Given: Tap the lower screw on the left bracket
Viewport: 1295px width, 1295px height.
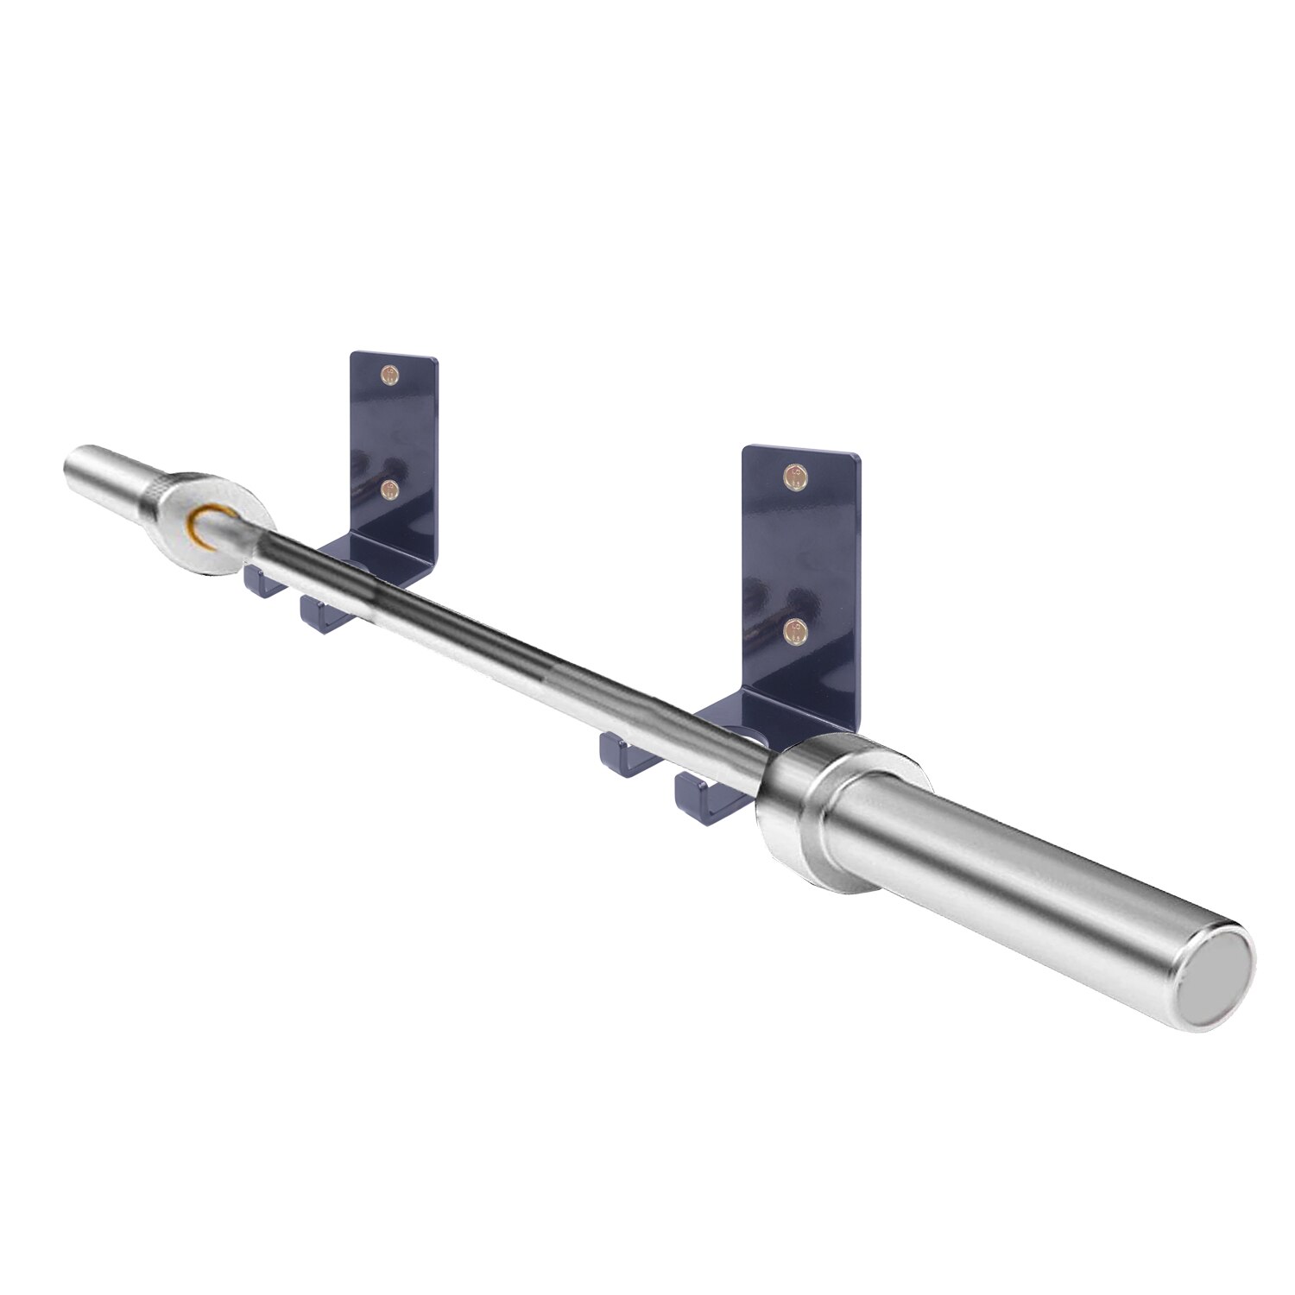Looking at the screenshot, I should click(x=390, y=490).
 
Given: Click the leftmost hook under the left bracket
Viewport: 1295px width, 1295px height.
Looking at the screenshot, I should click(x=260, y=582).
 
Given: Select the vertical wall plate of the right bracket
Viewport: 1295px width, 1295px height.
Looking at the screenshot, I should click(x=799, y=553).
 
